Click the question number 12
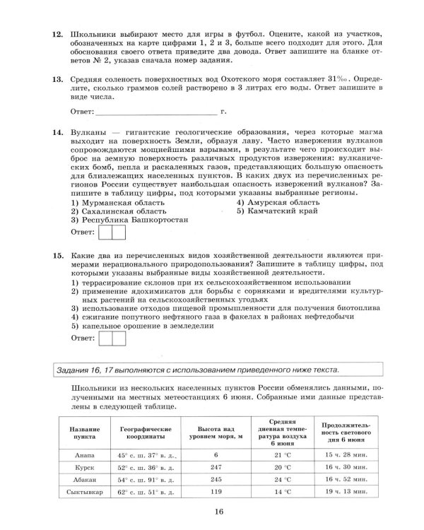[x=58, y=34]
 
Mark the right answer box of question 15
[x=118, y=338]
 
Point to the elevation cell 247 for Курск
[x=216, y=466]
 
